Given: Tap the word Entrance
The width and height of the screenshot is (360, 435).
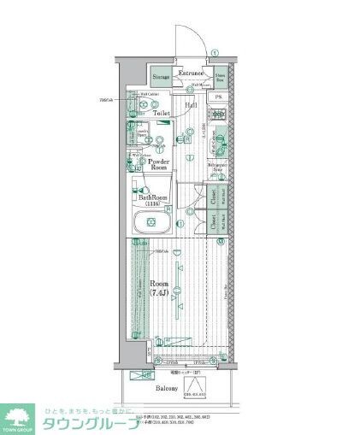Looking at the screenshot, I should (192, 73).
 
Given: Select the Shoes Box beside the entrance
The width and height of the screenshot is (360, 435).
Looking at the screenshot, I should (221, 78).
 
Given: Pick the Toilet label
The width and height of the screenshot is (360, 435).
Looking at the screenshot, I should (162, 113).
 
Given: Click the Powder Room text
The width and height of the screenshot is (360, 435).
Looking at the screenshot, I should (158, 165).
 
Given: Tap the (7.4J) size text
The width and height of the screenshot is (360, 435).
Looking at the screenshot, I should (160, 293).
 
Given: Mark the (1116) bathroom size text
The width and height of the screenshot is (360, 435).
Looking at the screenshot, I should (154, 204).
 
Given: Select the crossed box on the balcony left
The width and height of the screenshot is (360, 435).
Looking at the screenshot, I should (137, 374).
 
